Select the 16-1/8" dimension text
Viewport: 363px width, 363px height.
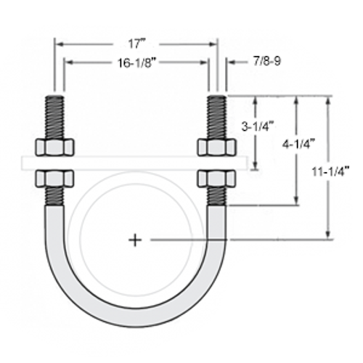136,63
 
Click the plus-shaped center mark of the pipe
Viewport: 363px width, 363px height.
134,240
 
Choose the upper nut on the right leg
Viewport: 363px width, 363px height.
216,147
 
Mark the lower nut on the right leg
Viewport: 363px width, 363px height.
216,178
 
